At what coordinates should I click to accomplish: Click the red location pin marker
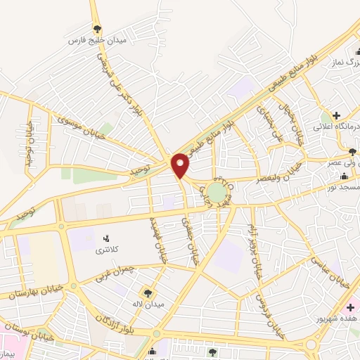click(181, 165)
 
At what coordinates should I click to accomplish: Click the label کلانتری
click(108, 250)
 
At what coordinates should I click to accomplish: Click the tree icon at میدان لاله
click(149, 292)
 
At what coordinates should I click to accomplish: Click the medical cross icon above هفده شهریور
click(350, 308)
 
